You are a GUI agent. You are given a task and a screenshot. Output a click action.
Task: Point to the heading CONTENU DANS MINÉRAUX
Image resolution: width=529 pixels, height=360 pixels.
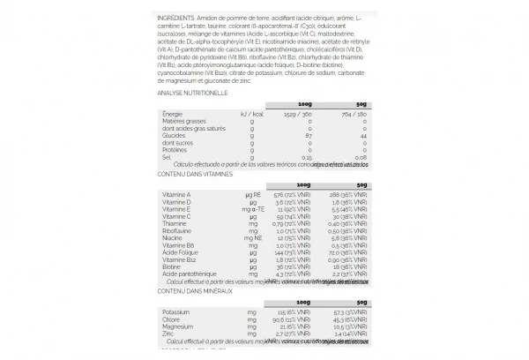(193, 290)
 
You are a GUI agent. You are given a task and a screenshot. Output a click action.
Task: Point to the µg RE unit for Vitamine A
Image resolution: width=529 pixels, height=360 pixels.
(254, 193)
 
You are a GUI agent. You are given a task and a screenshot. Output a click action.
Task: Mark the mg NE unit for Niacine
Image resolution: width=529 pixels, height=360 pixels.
(254, 237)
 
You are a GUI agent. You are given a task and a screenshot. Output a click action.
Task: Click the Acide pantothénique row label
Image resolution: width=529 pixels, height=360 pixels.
(189, 274)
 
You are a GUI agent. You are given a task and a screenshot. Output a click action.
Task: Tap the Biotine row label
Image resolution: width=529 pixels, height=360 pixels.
(172, 267)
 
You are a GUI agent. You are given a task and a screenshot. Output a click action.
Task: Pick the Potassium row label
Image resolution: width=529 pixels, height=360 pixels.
(175, 311)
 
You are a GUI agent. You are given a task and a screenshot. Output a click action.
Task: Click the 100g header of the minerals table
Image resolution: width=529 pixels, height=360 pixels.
(305, 301)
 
